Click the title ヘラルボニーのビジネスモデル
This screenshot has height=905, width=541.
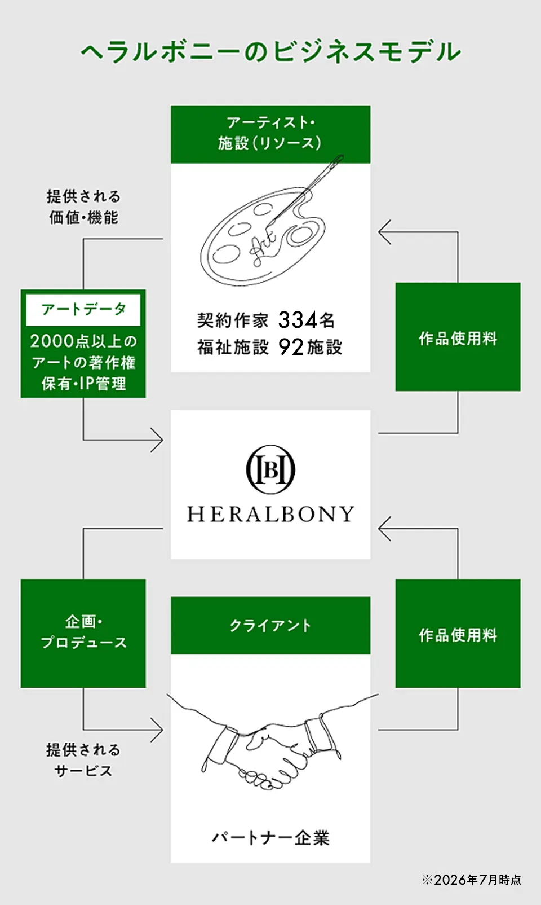pyautogui.click(x=270, y=52)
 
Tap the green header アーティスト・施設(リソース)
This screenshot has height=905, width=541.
pyautogui.click(x=270, y=134)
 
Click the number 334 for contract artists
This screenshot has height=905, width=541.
pyautogui.click(x=298, y=320)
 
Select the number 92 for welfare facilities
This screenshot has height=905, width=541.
pyautogui.click(x=291, y=347)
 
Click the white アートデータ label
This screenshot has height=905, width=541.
pyautogui.click(x=83, y=310)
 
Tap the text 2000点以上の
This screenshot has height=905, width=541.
pyautogui.click(x=83, y=341)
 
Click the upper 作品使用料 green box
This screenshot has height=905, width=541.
pyautogui.click(x=458, y=336)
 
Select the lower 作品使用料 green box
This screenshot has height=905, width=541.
pyautogui.click(x=458, y=633)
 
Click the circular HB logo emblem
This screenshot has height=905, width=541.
pyautogui.click(x=270, y=469)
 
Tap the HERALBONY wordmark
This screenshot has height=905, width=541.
pyautogui.click(x=270, y=514)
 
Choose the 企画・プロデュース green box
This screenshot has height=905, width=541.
pyautogui.click(x=83, y=633)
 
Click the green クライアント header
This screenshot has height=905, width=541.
pyautogui.click(x=270, y=625)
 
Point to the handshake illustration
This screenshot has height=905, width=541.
pyautogui.click(x=272, y=744)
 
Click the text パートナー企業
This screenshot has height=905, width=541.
pyautogui.click(x=270, y=838)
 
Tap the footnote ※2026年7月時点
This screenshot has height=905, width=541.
pyautogui.click(x=471, y=880)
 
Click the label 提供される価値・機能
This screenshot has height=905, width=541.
pyautogui.click(x=83, y=207)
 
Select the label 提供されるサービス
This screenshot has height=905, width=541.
pyautogui.click(x=83, y=761)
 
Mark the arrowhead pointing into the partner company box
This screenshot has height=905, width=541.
pyautogui.click(x=157, y=730)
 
